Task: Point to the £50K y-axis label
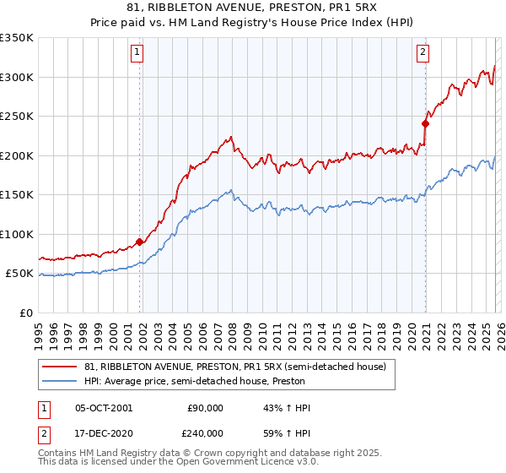20,274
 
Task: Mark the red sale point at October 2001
140,242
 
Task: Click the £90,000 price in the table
205,408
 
